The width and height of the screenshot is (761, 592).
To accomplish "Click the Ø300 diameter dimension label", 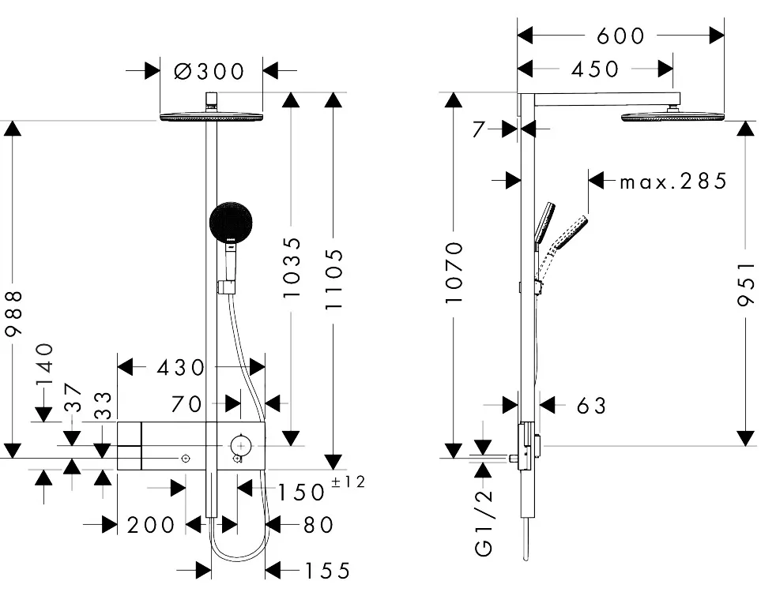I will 209,71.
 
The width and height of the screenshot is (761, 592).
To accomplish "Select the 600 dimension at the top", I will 620,36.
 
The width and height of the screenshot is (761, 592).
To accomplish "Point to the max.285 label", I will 672,182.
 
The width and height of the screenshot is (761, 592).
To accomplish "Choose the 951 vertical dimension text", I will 747,288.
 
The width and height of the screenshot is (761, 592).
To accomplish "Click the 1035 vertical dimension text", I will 292,267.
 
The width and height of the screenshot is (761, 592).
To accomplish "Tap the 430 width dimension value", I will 181,367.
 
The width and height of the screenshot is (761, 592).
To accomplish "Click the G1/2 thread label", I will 484,524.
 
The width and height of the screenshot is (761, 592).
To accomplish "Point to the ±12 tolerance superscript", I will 348,482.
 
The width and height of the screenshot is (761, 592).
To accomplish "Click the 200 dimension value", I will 150,524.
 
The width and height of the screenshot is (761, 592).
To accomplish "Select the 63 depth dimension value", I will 591,405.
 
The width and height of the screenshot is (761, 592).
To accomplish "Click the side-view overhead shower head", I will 672,118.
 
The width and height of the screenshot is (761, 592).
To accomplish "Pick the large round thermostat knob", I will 240,444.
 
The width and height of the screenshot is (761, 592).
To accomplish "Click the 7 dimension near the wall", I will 478,129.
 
